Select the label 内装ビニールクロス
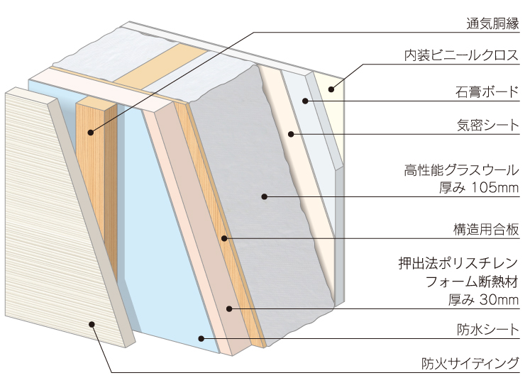point(464,55)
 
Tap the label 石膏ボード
point(487,91)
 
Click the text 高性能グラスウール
point(461,169)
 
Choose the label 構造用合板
point(487,229)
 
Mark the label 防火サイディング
point(471,363)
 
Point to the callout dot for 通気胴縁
point(92,132)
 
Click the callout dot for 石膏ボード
point(306,101)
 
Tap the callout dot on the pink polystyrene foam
point(228,308)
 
